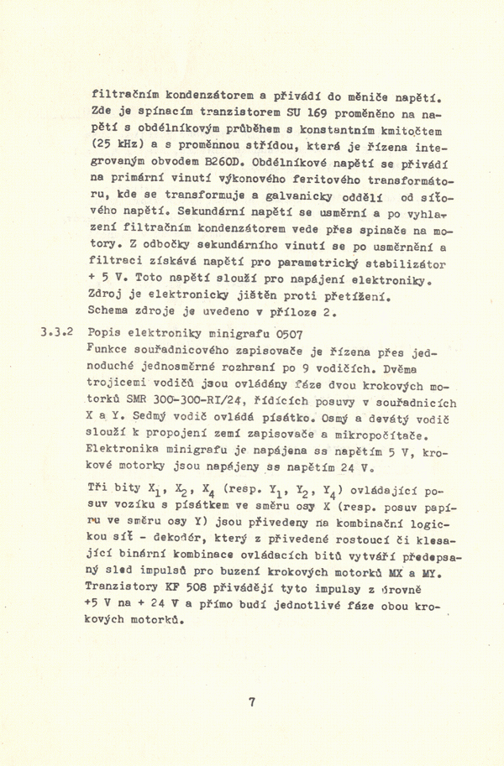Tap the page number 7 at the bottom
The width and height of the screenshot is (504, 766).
tap(252, 703)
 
